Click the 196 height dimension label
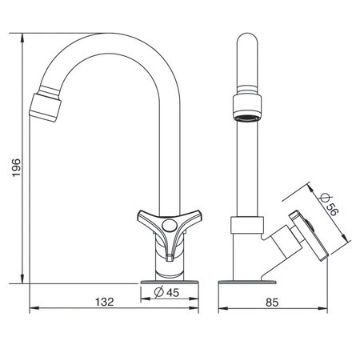[x=16, y=167]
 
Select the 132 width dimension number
[x=105, y=302]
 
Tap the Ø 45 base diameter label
[x=166, y=292]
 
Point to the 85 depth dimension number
[x=272, y=303]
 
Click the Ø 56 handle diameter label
[x=329, y=204]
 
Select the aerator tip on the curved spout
[x=45, y=107]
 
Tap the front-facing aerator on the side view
[x=247, y=108]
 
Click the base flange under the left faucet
[x=170, y=282]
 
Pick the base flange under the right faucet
[x=247, y=282]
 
